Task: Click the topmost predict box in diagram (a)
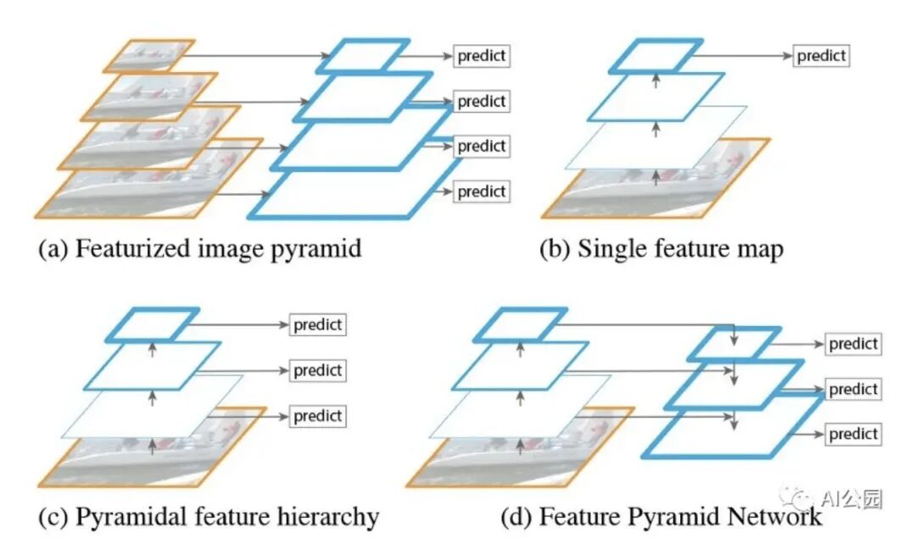[481, 56]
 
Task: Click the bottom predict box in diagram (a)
[481, 191]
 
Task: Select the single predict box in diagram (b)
[821, 56]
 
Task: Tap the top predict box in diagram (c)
[317, 324]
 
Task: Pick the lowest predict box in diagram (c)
[317, 416]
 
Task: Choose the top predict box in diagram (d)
[853, 344]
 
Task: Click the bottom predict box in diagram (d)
[853, 434]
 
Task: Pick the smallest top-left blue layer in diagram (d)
[519, 324]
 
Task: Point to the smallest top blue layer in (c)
[153, 324]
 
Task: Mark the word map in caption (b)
[762, 250]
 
